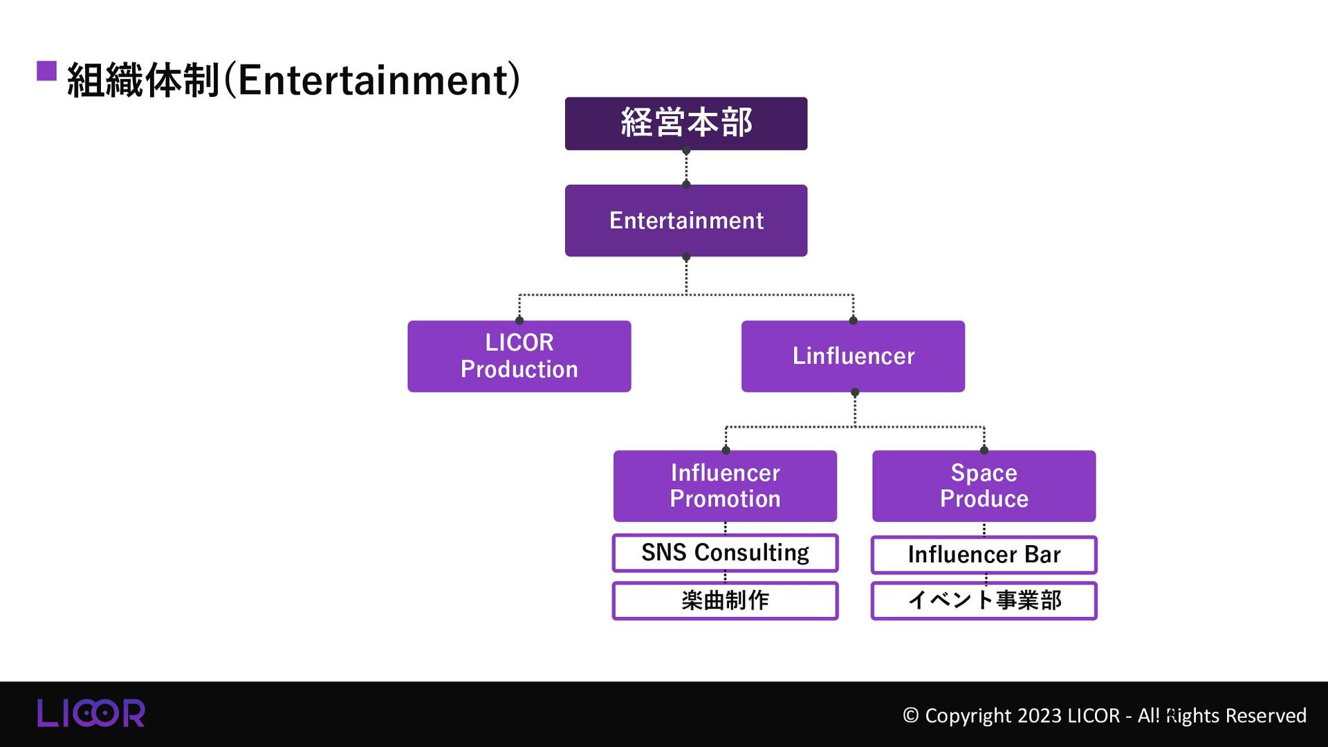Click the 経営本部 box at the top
(685, 123)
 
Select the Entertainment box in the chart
(685, 220)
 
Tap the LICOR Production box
(519, 356)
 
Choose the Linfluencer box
(852, 356)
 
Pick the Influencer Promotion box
(724, 486)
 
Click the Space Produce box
(983, 486)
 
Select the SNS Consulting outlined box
(724, 553)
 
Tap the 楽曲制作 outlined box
(724, 600)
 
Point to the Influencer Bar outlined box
(983, 554)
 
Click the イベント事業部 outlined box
(983, 600)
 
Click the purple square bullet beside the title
(46, 71)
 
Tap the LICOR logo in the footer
(91, 713)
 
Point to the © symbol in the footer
(910, 715)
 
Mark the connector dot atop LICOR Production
(519, 320)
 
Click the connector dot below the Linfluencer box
(855, 392)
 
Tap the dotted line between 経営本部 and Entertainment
(686, 167)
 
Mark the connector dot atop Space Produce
(984, 450)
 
